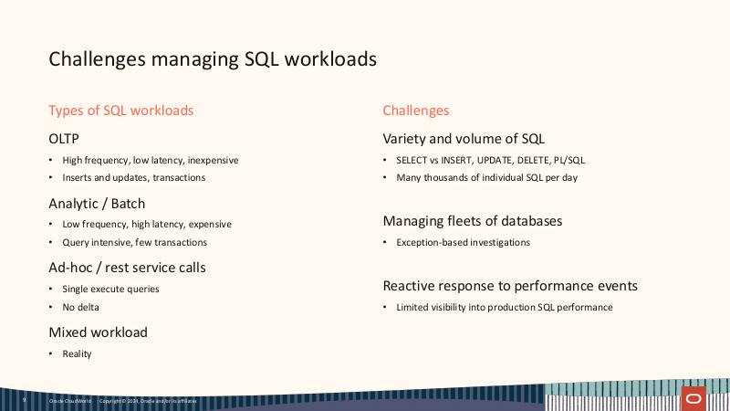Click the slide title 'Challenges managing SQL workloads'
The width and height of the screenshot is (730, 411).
[x=212, y=59]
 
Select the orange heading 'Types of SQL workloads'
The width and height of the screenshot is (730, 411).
[x=121, y=111]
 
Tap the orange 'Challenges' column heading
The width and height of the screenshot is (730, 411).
[x=416, y=111]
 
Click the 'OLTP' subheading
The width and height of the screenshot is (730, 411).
[x=64, y=139]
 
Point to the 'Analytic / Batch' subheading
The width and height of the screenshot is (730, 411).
[x=97, y=204]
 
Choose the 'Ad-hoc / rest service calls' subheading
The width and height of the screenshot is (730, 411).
[x=127, y=268]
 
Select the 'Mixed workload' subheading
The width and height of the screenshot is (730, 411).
[x=98, y=332]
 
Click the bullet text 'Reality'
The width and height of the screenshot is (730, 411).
[x=77, y=353]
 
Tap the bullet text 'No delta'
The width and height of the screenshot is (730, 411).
[x=80, y=307]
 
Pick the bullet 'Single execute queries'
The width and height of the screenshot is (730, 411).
[x=110, y=289]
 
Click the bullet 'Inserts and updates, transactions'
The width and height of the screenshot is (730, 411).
[x=133, y=177]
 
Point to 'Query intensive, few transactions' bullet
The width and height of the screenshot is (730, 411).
[x=134, y=242]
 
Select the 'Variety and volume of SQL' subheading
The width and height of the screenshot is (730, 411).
[x=464, y=139]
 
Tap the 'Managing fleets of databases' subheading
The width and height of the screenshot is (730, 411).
[x=472, y=221]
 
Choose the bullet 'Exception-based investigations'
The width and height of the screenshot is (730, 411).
[x=463, y=242]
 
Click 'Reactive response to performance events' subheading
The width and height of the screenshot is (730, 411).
[x=510, y=286]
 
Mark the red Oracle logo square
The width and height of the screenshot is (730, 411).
[x=694, y=399]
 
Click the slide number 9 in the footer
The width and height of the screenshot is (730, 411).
[x=25, y=400]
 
